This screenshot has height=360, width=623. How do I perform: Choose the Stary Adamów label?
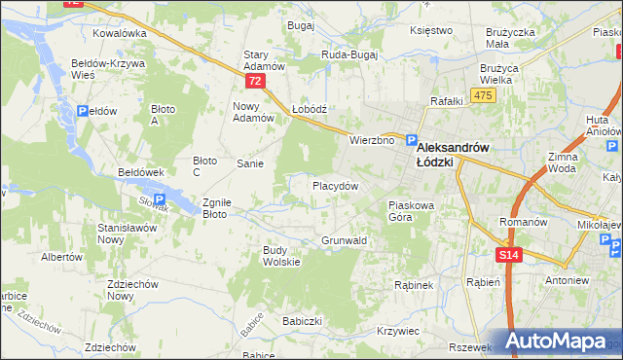pos(263,60)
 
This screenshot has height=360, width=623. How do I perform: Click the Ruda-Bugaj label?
pos(350,55)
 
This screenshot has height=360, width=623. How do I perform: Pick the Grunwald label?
pos(344,239)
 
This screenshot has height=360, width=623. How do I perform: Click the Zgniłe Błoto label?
pos(215,208)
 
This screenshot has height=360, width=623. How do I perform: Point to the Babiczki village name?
pos(302,320)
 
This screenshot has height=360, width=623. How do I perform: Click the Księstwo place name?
pos(432,30)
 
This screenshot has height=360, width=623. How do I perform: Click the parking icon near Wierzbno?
pos(412,140)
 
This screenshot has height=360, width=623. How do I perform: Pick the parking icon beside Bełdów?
pos(83,112)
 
